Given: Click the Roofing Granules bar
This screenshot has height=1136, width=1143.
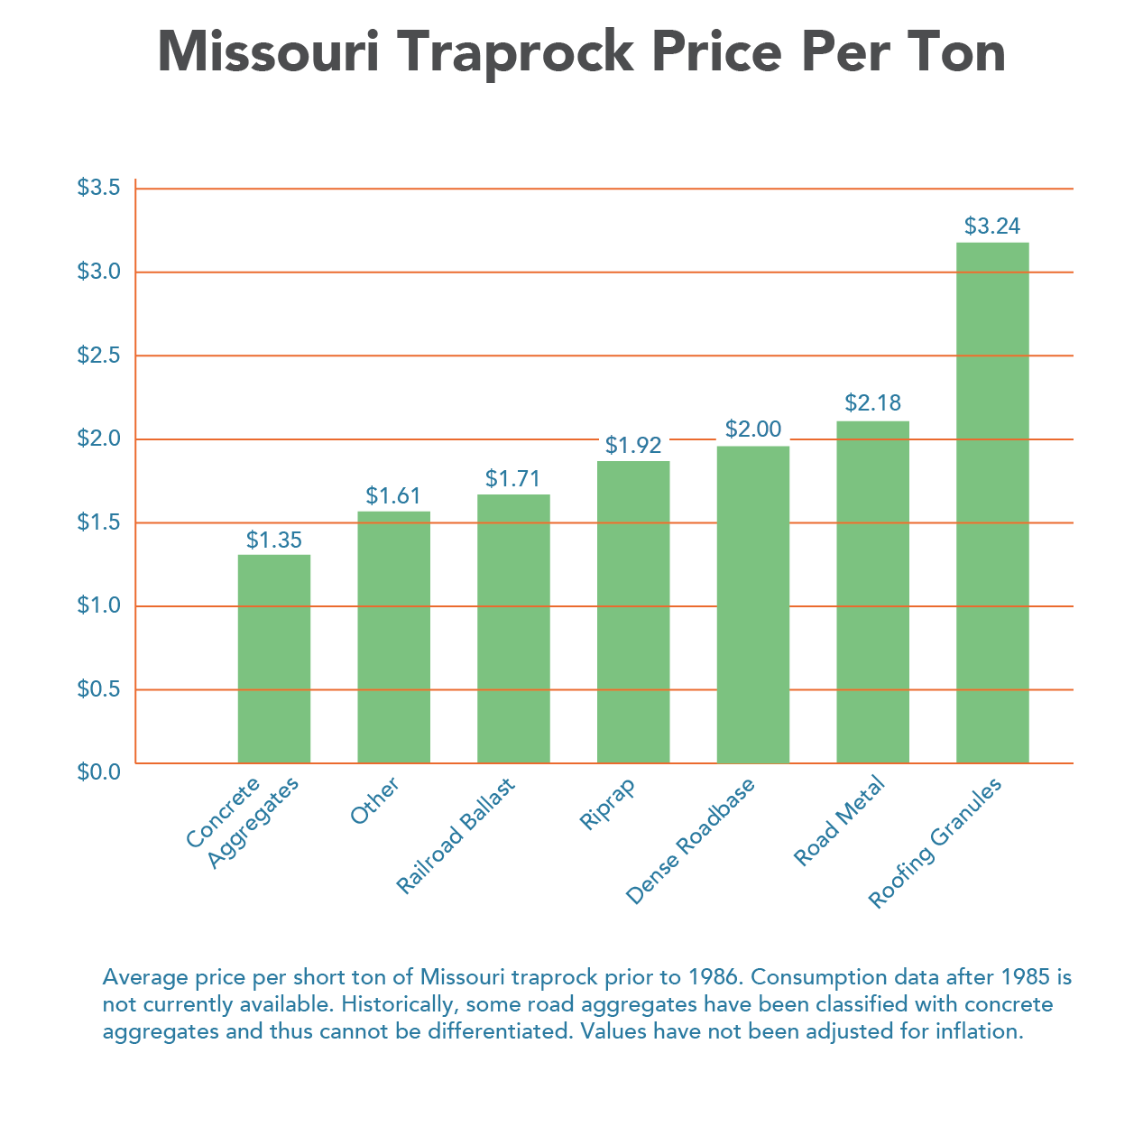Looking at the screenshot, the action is coord(992,502).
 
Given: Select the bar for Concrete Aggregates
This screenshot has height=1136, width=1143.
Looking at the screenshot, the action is coord(274,659).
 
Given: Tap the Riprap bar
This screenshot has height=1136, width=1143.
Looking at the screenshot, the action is coord(633,612).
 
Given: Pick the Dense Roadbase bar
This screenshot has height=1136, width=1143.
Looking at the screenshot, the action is coord(753,605).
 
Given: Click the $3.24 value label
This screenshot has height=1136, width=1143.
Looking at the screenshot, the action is coord(992,226).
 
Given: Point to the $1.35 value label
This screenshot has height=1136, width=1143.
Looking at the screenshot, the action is coord(274,540).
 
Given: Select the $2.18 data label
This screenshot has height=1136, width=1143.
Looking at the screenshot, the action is coord(873,403).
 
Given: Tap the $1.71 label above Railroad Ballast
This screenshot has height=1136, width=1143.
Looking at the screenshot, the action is coord(513,478).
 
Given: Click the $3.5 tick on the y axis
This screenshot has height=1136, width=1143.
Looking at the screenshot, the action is coord(98,188).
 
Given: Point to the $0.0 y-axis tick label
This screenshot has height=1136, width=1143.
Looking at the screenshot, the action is coord(98,771).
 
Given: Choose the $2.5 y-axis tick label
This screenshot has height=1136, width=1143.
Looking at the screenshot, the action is coord(98,355).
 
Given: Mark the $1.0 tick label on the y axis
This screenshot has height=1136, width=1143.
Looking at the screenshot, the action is coord(98,605).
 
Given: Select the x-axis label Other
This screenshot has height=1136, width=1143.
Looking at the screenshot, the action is coord(374,800).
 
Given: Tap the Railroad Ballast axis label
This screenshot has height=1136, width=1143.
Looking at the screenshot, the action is coord(456,836).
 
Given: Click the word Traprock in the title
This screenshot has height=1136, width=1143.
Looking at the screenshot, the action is coord(515,53).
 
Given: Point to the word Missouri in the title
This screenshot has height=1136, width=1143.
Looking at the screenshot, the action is coord(268,51).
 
